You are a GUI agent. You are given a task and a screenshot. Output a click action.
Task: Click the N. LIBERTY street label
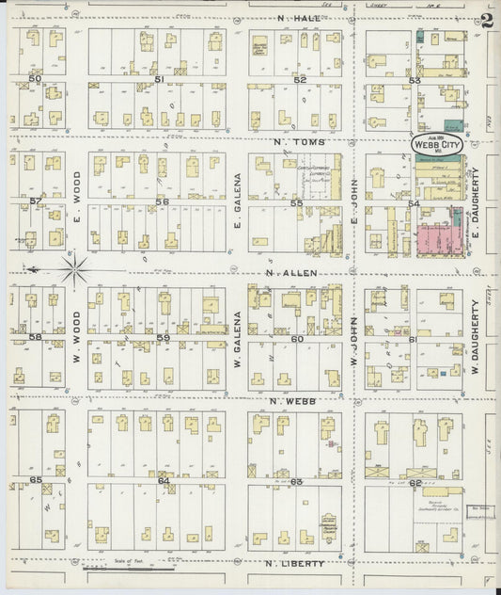pos(295,564)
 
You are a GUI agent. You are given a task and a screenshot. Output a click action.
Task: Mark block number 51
pos(160,78)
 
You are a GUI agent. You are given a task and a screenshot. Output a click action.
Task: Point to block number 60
pos(296,338)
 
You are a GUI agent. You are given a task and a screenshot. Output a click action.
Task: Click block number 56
pos(162,202)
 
